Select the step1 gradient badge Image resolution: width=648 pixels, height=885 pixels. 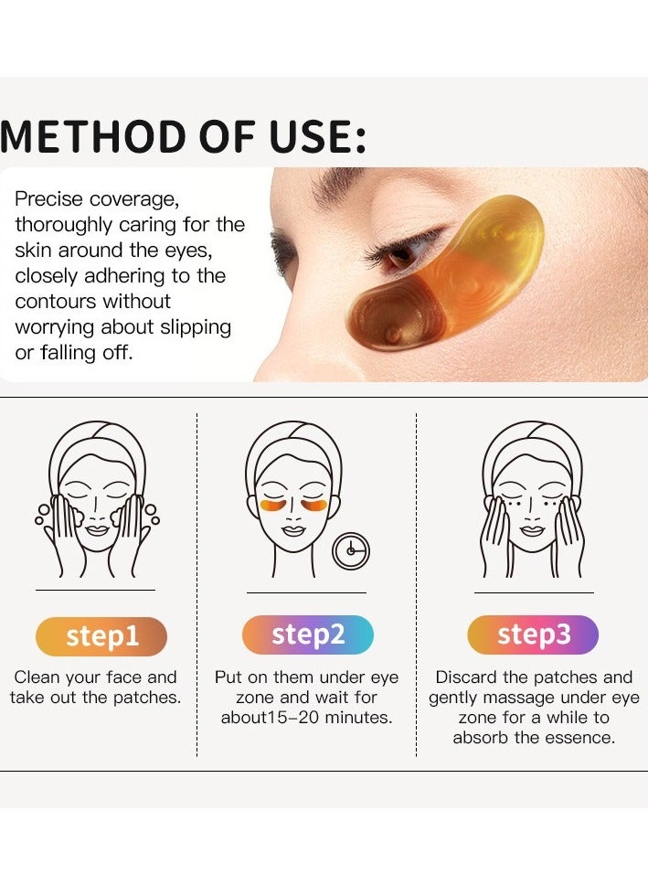(101, 636)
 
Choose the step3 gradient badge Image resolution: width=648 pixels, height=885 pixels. (533, 634)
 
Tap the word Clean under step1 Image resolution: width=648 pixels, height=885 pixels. (39, 677)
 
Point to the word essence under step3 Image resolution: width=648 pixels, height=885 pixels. (579, 738)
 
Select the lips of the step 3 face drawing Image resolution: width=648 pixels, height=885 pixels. (534, 531)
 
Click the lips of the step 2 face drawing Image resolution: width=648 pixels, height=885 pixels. (294, 531)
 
